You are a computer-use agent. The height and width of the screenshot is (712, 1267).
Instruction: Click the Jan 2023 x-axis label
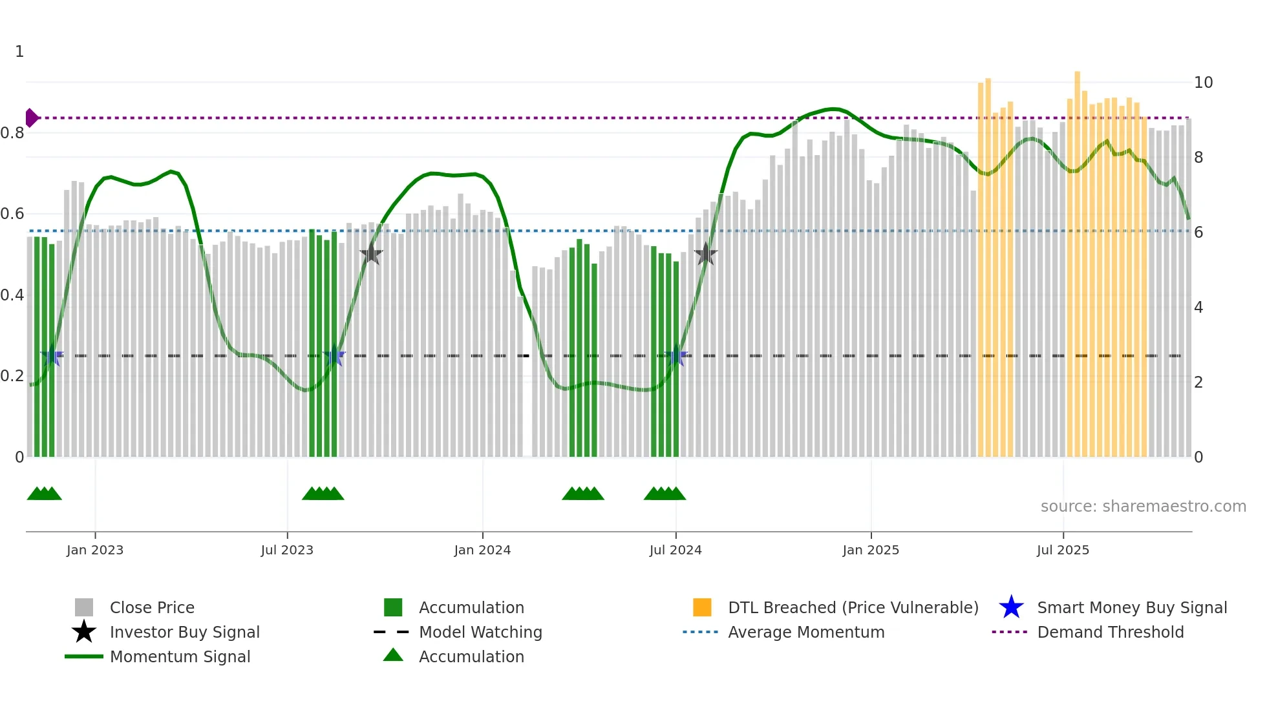coord(95,550)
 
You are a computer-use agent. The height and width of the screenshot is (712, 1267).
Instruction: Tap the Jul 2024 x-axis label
coord(676,550)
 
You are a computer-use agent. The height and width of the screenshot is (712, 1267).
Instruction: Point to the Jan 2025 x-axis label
coord(871,550)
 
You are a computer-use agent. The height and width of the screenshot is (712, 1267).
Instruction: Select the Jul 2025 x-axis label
coord(1063,550)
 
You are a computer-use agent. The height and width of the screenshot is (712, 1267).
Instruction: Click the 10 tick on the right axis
coord(1203,83)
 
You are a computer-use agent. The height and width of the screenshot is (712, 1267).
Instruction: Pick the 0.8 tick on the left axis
coord(12,133)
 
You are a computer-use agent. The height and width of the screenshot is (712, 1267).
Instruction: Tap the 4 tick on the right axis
coord(1198,308)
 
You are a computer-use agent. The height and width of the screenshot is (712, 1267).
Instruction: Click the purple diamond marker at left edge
coord(31,118)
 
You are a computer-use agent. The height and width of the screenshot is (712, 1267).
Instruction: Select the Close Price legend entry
coord(152,607)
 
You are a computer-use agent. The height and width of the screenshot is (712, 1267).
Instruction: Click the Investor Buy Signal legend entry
coord(184,632)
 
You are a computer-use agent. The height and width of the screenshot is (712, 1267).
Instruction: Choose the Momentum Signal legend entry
coord(180,656)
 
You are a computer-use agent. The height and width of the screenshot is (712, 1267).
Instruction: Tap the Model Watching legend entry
coord(480,632)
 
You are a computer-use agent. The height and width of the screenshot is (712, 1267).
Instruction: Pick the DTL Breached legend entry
coord(853,607)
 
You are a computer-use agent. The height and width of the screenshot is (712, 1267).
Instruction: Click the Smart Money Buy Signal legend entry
coord(1131,607)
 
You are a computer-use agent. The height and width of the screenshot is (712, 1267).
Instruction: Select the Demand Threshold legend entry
coord(1110,632)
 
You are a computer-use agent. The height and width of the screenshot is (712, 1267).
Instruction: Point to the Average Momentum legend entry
coord(805,632)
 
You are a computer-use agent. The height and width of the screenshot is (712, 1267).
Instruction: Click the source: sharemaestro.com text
coord(1143,507)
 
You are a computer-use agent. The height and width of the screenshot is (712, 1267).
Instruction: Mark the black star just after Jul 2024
coord(705,254)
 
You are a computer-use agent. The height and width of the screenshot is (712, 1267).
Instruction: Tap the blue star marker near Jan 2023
coord(52,356)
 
